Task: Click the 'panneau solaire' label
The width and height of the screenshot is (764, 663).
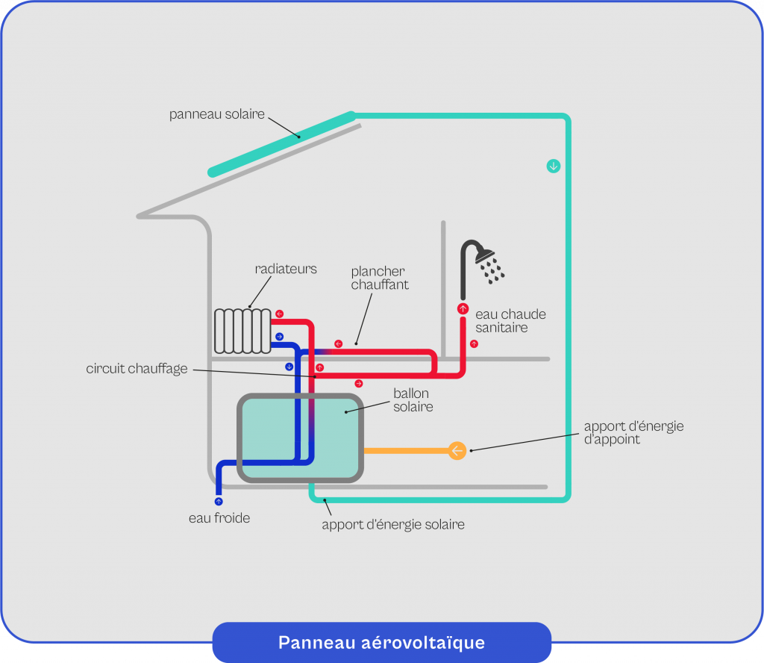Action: click(216, 114)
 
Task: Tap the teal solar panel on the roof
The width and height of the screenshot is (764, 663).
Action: click(282, 143)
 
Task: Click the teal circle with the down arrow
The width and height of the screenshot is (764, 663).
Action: click(553, 166)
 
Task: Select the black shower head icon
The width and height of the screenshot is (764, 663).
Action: click(481, 262)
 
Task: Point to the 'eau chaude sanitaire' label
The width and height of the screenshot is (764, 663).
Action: click(510, 321)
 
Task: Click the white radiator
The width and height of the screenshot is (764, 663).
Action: click(242, 330)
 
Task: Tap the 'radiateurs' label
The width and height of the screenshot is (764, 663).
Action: click(286, 269)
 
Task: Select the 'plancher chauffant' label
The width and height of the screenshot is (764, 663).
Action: click(380, 278)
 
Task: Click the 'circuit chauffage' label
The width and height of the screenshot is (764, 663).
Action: click(137, 368)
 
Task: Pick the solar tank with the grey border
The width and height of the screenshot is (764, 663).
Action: click(300, 438)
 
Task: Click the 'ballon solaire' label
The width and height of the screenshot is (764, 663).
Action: click(413, 400)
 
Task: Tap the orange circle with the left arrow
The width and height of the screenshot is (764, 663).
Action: click(457, 450)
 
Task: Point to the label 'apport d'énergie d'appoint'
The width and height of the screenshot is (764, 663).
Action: click(633, 433)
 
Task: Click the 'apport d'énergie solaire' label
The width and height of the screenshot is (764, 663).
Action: click(393, 524)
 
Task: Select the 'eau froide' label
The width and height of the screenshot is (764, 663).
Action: click(219, 517)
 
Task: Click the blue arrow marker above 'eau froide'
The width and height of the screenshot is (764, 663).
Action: click(219, 501)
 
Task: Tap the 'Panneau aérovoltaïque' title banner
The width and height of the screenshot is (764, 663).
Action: click(381, 642)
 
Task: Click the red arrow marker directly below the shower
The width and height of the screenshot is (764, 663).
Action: click(463, 308)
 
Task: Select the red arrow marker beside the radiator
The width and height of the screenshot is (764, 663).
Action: click(279, 314)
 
